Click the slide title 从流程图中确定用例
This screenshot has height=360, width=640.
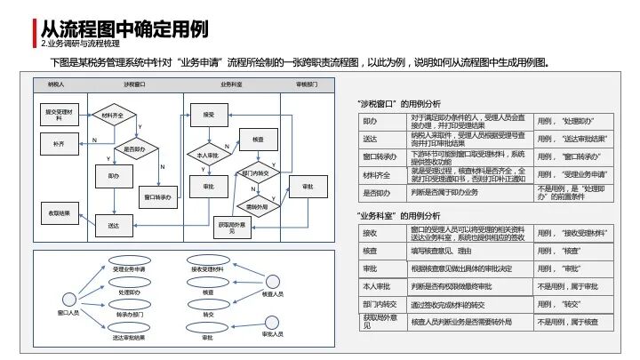(125, 28)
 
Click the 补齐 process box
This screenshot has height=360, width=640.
(59, 143)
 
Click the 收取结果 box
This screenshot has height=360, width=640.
(59, 212)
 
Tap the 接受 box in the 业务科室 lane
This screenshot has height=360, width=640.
(208, 115)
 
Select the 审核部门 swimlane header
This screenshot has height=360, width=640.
(307, 84)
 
